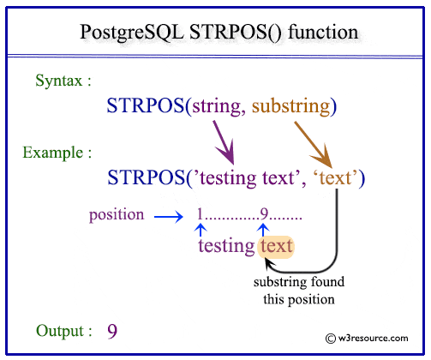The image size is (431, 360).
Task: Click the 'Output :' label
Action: [x=65, y=330]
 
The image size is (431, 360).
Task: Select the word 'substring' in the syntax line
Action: [x=290, y=106]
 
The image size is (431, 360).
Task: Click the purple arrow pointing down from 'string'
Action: [x=224, y=141]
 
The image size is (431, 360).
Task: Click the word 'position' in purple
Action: [x=117, y=214]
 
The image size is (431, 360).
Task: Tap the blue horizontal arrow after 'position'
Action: [x=171, y=215]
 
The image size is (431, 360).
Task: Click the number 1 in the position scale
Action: [x=200, y=214]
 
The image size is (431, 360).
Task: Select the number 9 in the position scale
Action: [x=264, y=214]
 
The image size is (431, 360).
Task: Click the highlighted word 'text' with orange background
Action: [x=277, y=246]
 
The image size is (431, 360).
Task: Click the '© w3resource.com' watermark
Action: [x=368, y=339]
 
